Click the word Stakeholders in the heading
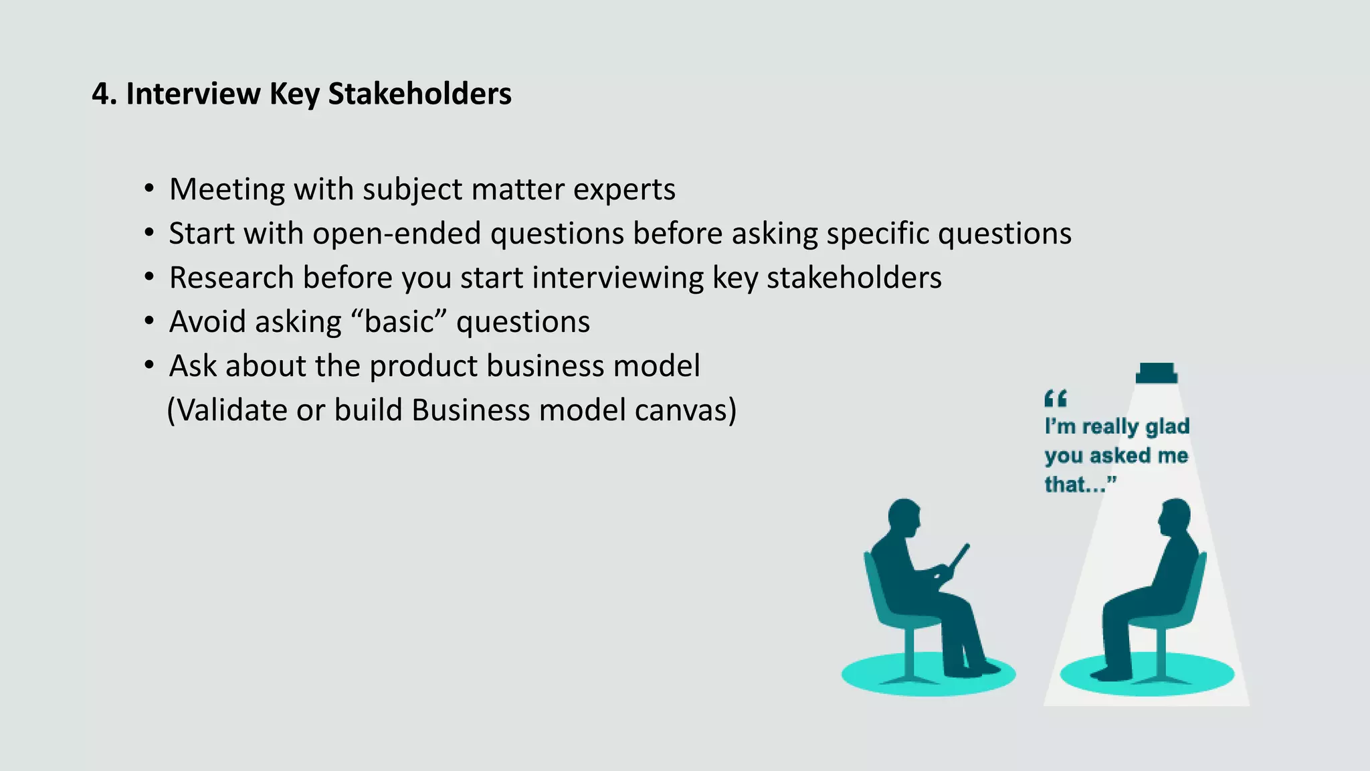(419, 94)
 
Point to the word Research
(231, 278)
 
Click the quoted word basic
(399, 322)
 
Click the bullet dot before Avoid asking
(149, 321)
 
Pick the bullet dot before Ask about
(149, 365)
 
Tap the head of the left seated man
(904, 516)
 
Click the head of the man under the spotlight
(1175, 517)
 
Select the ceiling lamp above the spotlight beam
(1157, 373)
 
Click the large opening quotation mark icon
(1056, 399)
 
